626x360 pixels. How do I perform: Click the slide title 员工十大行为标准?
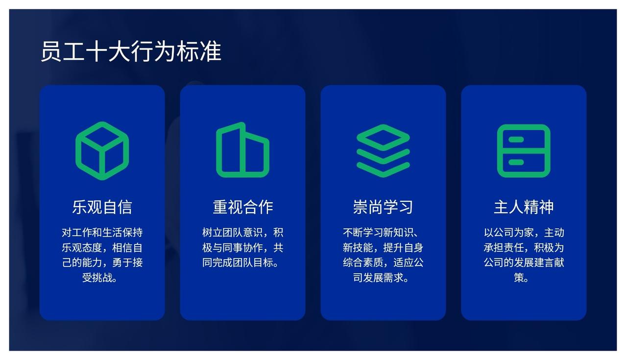(131, 51)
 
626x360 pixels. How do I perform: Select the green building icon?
(242, 150)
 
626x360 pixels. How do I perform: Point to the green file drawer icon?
(524, 151)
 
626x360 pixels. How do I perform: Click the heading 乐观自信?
(102, 207)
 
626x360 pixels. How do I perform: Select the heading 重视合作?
(243, 207)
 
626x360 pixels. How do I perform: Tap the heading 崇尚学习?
(383, 207)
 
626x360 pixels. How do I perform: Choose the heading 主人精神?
(524, 207)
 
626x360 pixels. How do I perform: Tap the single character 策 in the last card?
(519, 278)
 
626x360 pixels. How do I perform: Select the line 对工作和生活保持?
(102, 233)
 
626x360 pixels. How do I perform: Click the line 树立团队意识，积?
(242, 233)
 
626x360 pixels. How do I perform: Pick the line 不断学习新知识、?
(380, 233)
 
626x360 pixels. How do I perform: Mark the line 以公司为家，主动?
(524, 233)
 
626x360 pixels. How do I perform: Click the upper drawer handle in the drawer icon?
(516, 140)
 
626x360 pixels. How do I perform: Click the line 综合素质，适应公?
(383, 263)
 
